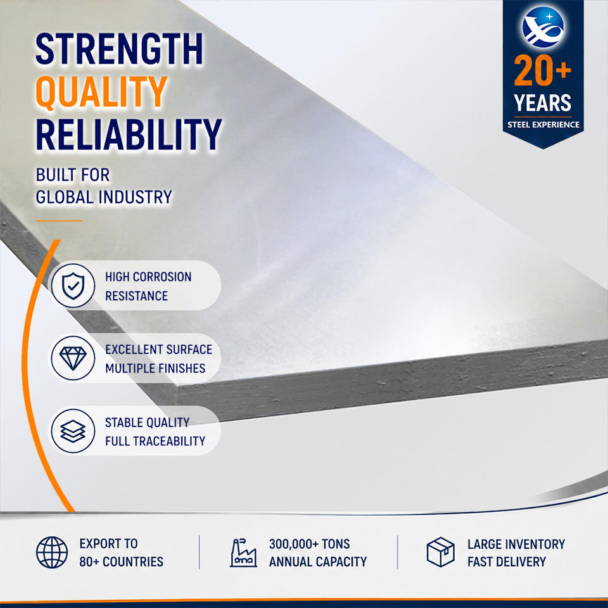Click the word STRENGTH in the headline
119,49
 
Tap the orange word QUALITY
101,91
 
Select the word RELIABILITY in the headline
129,134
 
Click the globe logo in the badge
543,27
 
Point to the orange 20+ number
543,70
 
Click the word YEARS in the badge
543,103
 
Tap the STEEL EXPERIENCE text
543,125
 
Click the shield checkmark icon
73,286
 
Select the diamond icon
73,358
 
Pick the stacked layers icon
73,431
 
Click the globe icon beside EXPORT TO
52,552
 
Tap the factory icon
243,553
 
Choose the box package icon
441,552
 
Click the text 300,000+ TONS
310,544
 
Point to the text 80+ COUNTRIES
122,562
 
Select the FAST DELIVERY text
507,562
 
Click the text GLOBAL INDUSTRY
103,197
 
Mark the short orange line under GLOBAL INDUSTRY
60,220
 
